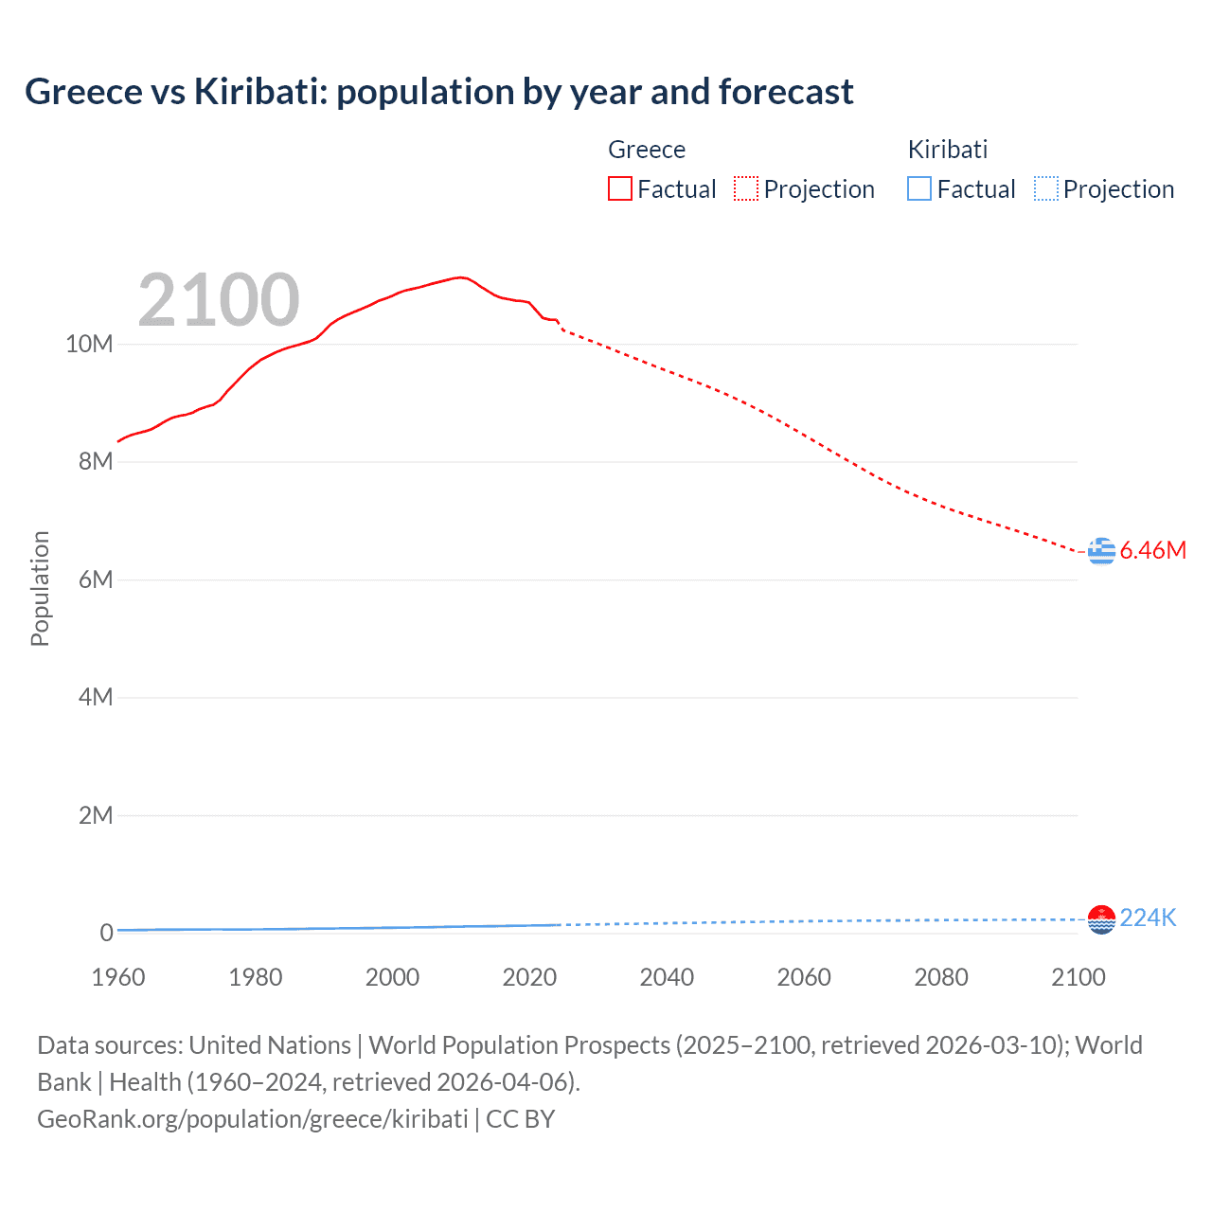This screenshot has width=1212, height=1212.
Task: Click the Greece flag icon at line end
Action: pos(1101,550)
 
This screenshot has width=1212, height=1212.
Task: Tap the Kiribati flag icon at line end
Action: pos(1101,918)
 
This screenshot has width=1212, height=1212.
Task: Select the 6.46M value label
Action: pos(1152,550)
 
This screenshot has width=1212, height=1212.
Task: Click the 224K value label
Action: pos(1148,918)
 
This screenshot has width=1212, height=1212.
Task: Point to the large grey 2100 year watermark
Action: pos(219,300)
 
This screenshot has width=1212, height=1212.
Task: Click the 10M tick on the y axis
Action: pos(89,344)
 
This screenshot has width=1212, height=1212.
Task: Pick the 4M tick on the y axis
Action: pos(96,698)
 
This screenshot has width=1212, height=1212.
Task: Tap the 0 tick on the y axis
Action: pos(107,933)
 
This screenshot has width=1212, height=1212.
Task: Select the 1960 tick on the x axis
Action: pos(118,977)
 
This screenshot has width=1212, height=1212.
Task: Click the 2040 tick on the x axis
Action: pos(667,977)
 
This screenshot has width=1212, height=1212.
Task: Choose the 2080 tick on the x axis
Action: pos(941,977)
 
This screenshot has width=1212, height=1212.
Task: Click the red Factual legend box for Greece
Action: pos(620,189)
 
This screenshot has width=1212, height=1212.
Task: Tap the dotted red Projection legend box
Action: pos(746,189)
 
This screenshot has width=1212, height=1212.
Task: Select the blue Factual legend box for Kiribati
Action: pos(919,189)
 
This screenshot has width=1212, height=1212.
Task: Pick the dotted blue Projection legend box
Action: pos(1046,189)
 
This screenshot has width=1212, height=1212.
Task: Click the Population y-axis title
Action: pos(40,588)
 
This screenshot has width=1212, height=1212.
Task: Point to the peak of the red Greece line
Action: pos(460,277)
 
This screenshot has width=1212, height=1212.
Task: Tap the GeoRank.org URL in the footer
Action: pos(252,1118)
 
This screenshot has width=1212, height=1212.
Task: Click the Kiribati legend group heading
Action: pos(947,150)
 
